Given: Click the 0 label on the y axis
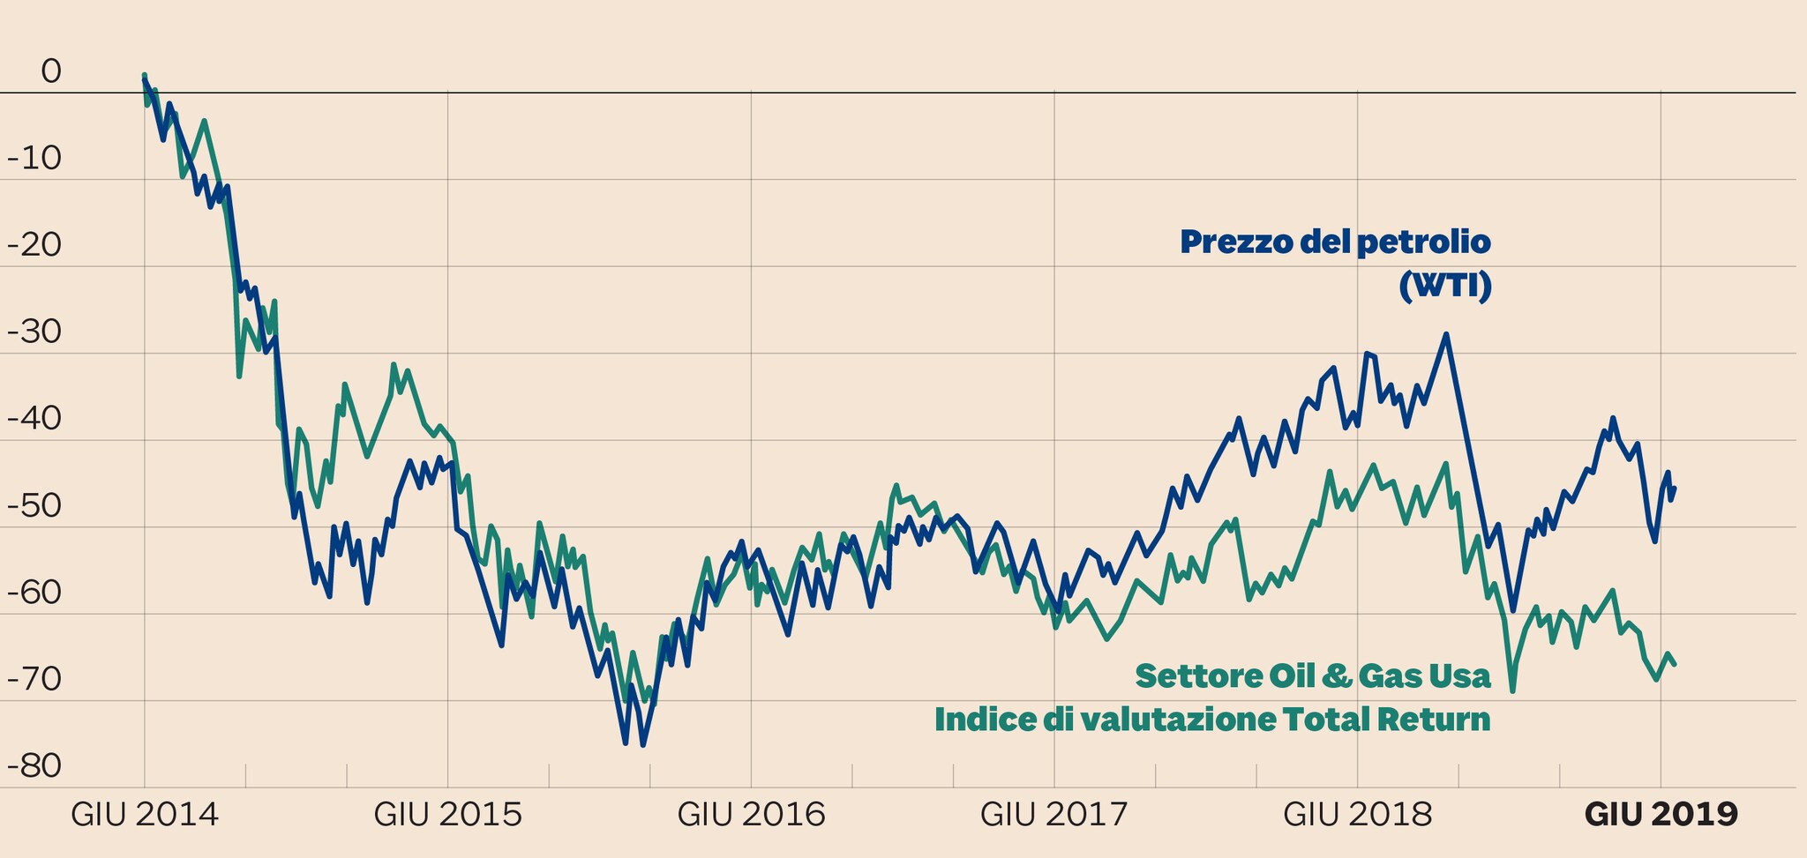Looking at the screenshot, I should pyautogui.click(x=51, y=71).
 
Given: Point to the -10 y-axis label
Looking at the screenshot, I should pyautogui.click(x=34, y=159).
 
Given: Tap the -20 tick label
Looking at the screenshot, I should pyautogui.click(x=34, y=245).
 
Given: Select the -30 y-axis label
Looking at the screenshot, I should pyautogui.click(x=34, y=332).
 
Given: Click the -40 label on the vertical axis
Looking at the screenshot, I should pyautogui.click(x=34, y=419).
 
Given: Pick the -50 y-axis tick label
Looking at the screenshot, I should pyautogui.click(x=34, y=506).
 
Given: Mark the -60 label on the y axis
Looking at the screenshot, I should pyautogui.click(x=34, y=593).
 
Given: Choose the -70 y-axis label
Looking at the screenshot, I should pyautogui.click(x=34, y=680).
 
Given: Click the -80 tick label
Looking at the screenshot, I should pyautogui.click(x=34, y=766).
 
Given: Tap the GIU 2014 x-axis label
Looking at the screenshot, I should pyautogui.click(x=145, y=814).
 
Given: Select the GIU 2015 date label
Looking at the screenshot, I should pyautogui.click(x=448, y=814).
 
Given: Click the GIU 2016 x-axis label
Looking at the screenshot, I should pyautogui.click(x=752, y=814).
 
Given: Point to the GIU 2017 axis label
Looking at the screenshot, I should pyautogui.click(x=1054, y=814).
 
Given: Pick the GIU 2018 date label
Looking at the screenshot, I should pyautogui.click(x=1358, y=814).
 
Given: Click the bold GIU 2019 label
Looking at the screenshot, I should pyautogui.click(x=1661, y=814).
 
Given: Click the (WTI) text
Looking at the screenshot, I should pyautogui.click(x=1445, y=287).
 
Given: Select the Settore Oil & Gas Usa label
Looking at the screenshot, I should pyautogui.click(x=1313, y=676).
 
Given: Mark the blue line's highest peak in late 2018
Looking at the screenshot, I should pyautogui.click(x=1446, y=334).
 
